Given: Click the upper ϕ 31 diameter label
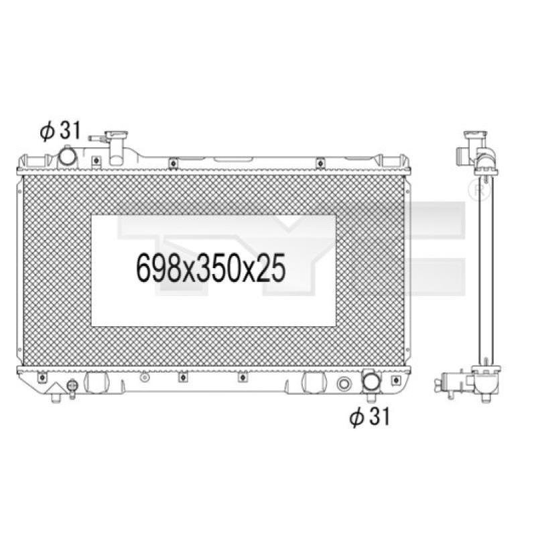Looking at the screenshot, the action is tap(60, 131).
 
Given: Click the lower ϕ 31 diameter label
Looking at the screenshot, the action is tap(370, 417).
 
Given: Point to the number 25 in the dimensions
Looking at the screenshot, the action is tap(271, 269).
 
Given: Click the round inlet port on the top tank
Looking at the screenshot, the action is tap(68, 156).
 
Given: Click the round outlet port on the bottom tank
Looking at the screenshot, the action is tap(372, 381).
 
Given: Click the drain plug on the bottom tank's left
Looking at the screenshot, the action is tap(72, 386).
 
